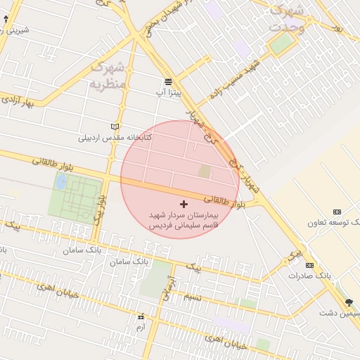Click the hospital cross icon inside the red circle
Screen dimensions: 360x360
(x=184, y=203)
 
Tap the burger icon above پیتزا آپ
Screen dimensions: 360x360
(x=169, y=82)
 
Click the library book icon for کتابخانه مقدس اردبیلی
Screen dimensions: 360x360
(x=115, y=127)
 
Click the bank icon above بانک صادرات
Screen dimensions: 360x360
(x=309, y=265)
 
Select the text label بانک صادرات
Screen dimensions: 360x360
(x=309, y=276)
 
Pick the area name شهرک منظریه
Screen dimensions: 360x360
(x=107, y=76)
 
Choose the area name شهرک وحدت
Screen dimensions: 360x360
(x=287, y=19)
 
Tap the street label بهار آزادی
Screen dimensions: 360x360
(x=18, y=98)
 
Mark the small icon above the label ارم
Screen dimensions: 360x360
(x=141, y=317)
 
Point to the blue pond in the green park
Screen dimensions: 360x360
(x=61, y=181)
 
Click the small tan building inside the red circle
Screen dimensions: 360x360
(x=204, y=171)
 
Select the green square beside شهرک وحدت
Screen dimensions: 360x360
(x=281, y=44)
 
